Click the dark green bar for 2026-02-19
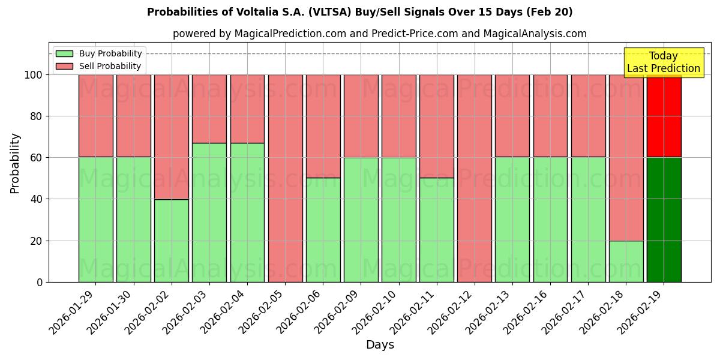(664, 220)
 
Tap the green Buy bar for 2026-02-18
(626, 261)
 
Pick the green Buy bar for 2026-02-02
(172, 241)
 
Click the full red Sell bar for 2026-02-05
(285, 178)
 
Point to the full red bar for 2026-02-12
(474, 178)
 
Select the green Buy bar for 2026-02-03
(209, 212)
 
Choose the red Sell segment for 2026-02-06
(323, 126)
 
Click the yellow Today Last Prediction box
(664, 62)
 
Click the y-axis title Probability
(15, 163)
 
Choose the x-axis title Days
(380, 345)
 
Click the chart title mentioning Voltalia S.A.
(359, 12)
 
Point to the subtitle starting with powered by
(379, 34)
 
